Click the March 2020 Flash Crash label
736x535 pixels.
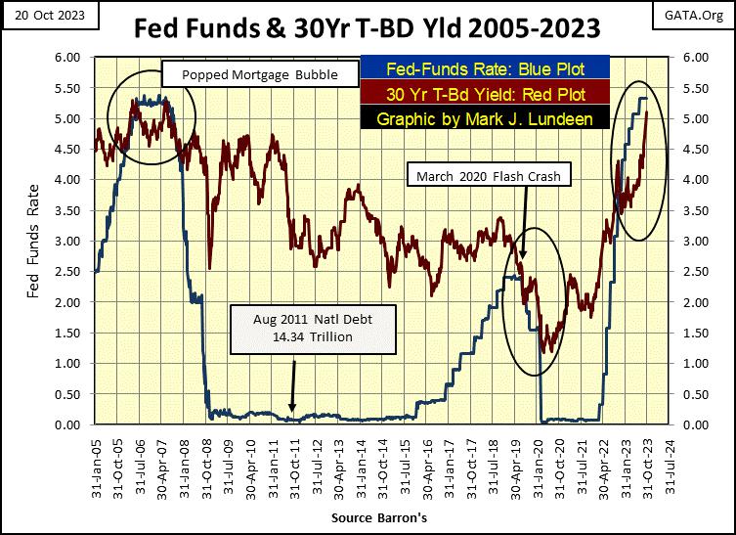[x=491, y=177]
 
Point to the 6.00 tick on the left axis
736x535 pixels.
[x=74, y=58]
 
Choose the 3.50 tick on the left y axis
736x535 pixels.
[x=74, y=210]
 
